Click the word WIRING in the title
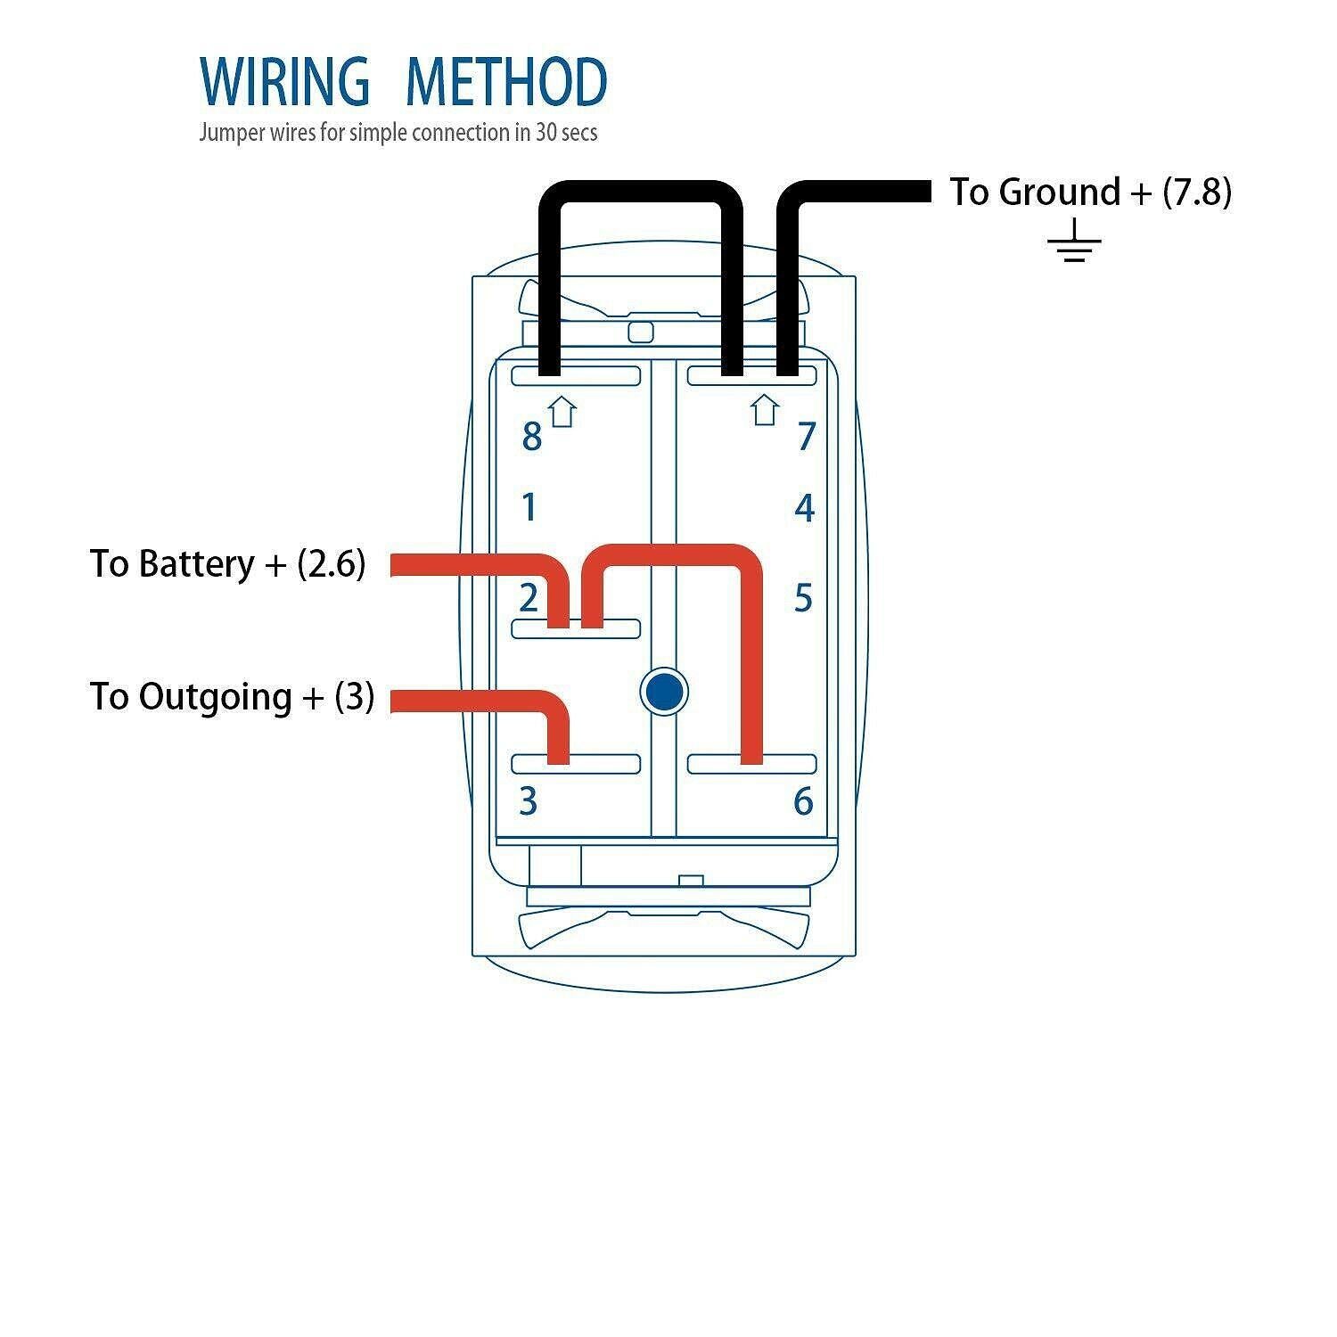284,81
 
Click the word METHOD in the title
505,81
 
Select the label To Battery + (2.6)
227,564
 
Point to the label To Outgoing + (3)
232,696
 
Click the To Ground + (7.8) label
1089,192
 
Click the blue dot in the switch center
664,692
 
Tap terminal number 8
531,437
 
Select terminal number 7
806,437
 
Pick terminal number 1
529,508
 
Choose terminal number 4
804,508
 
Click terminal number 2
529,597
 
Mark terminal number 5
803,598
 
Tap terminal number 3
529,801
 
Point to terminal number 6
803,801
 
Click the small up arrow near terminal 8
562,412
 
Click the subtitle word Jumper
233,133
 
